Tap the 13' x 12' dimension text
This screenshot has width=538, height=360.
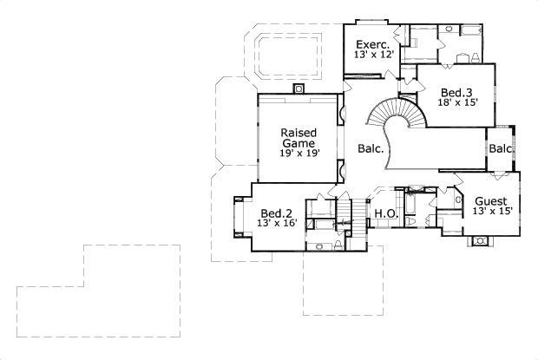coord(374,55)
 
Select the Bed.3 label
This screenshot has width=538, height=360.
coord(456,92)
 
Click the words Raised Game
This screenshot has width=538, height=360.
coord(298,138)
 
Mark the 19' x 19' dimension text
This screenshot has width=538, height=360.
coord(299,154)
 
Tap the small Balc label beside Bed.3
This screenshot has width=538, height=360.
coord(501,148)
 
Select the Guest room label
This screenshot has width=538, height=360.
coord(491,200)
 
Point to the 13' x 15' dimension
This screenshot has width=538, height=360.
coord(492,211)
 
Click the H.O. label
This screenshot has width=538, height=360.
coord(384,213)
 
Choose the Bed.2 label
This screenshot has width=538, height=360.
coord(277,212)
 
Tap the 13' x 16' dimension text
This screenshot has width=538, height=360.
coord(277,223)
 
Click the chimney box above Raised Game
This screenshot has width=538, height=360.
coord(299,88)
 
